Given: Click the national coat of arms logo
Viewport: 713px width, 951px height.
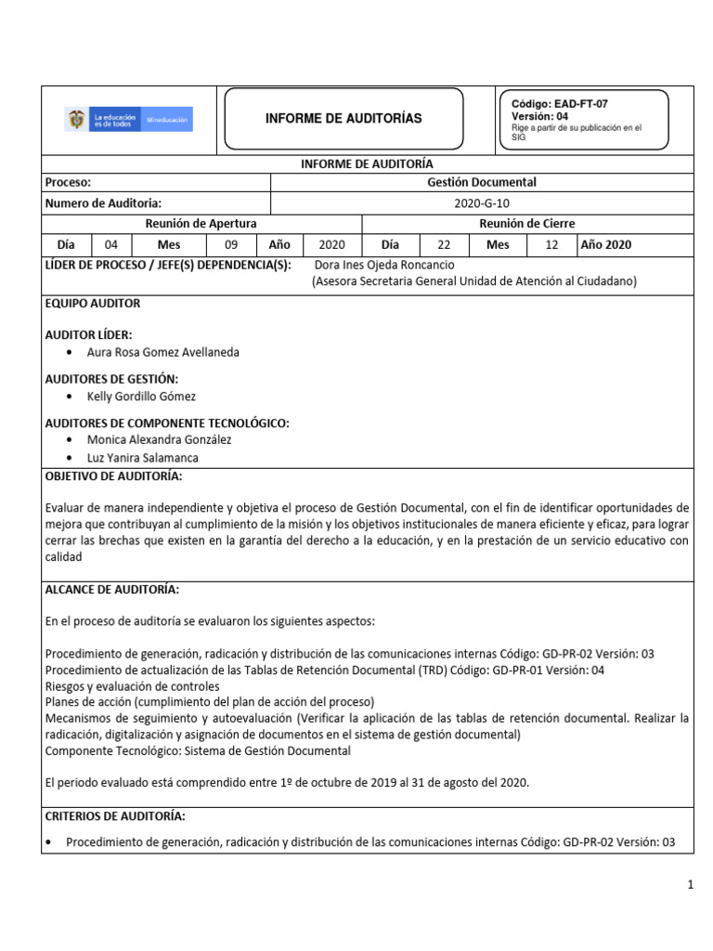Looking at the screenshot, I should tap(76, 119).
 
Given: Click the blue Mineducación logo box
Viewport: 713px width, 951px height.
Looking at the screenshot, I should tap(168, 120).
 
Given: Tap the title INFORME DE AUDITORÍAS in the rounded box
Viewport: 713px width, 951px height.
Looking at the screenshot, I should tap(344, 119).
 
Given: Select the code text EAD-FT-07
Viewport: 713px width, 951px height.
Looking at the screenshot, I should tap(580, 104).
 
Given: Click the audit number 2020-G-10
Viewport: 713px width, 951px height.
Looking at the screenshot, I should tap(482, 203).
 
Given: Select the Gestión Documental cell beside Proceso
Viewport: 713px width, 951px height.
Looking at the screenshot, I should tap(482, 183).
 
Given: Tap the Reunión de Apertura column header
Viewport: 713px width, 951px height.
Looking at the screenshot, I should tap(201, 224).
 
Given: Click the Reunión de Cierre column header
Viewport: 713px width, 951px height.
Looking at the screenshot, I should tap(526, 224).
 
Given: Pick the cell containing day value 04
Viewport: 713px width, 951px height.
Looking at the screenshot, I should tap(111, 245).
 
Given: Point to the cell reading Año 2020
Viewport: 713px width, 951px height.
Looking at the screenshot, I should tap(605, 245).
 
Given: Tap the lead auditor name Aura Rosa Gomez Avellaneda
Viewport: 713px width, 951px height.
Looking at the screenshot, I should tap(162, 353).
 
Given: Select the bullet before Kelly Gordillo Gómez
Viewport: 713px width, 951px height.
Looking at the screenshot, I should tap(72, 397).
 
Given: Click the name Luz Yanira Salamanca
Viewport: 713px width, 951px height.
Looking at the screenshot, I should tap(142, 458).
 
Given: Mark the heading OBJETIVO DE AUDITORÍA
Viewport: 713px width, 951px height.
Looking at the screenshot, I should tap(113, 476).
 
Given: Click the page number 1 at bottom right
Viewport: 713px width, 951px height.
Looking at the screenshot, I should tap(691, 886).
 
